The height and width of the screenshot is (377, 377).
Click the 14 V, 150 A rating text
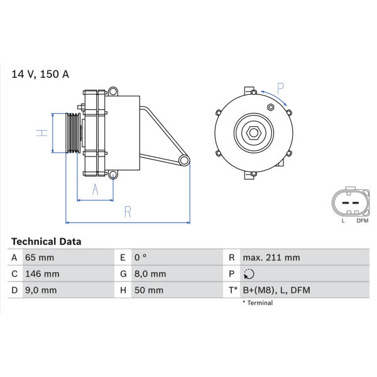point(40,74)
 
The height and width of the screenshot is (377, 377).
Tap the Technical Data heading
point(46,242)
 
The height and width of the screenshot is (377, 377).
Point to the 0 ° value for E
point(140,258)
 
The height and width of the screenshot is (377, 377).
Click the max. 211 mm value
point(271,258)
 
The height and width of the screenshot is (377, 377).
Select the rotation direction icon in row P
point(249,274)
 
